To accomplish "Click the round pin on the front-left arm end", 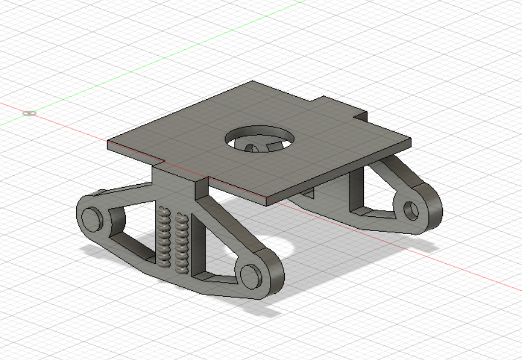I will coord(91,218).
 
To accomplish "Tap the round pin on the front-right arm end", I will coord(251,275).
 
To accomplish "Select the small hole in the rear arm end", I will coord(411,209).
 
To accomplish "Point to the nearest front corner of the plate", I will coord(267,202).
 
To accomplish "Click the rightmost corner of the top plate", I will coord(410,141).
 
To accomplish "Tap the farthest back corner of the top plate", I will coord(253,81).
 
